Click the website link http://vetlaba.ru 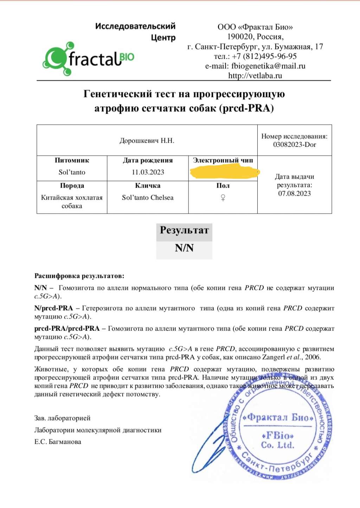pyautogui.click(x=255, y=75)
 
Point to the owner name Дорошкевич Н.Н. pyautogui.click(x=147, y=141)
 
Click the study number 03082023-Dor pyautogui.click(x=295, y=144)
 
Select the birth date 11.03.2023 pyautogui.click(x=148, y=172)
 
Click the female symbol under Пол pyautogui.click(x=223, y=198)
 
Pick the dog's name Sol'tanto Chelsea pyautogui.click(x=148, y=198)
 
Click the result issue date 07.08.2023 pyautogui.click(x=295, y=193)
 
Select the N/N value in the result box pyautogui.click(x=184, y=248)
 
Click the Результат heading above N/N pyautogui.click(x=184, y=230)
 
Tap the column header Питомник pyautogui.click(x=72, y=160)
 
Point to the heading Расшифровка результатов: pyautogui.click(x=79, y=276)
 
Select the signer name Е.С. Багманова pyautogui.click(x=58, y=442)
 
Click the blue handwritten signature pyautogui.click(x=207, y=454)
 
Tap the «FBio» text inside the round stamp pyautogui.click(x=278, y=436)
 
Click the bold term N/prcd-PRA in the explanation pyautogui.click(x=53, y=308)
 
